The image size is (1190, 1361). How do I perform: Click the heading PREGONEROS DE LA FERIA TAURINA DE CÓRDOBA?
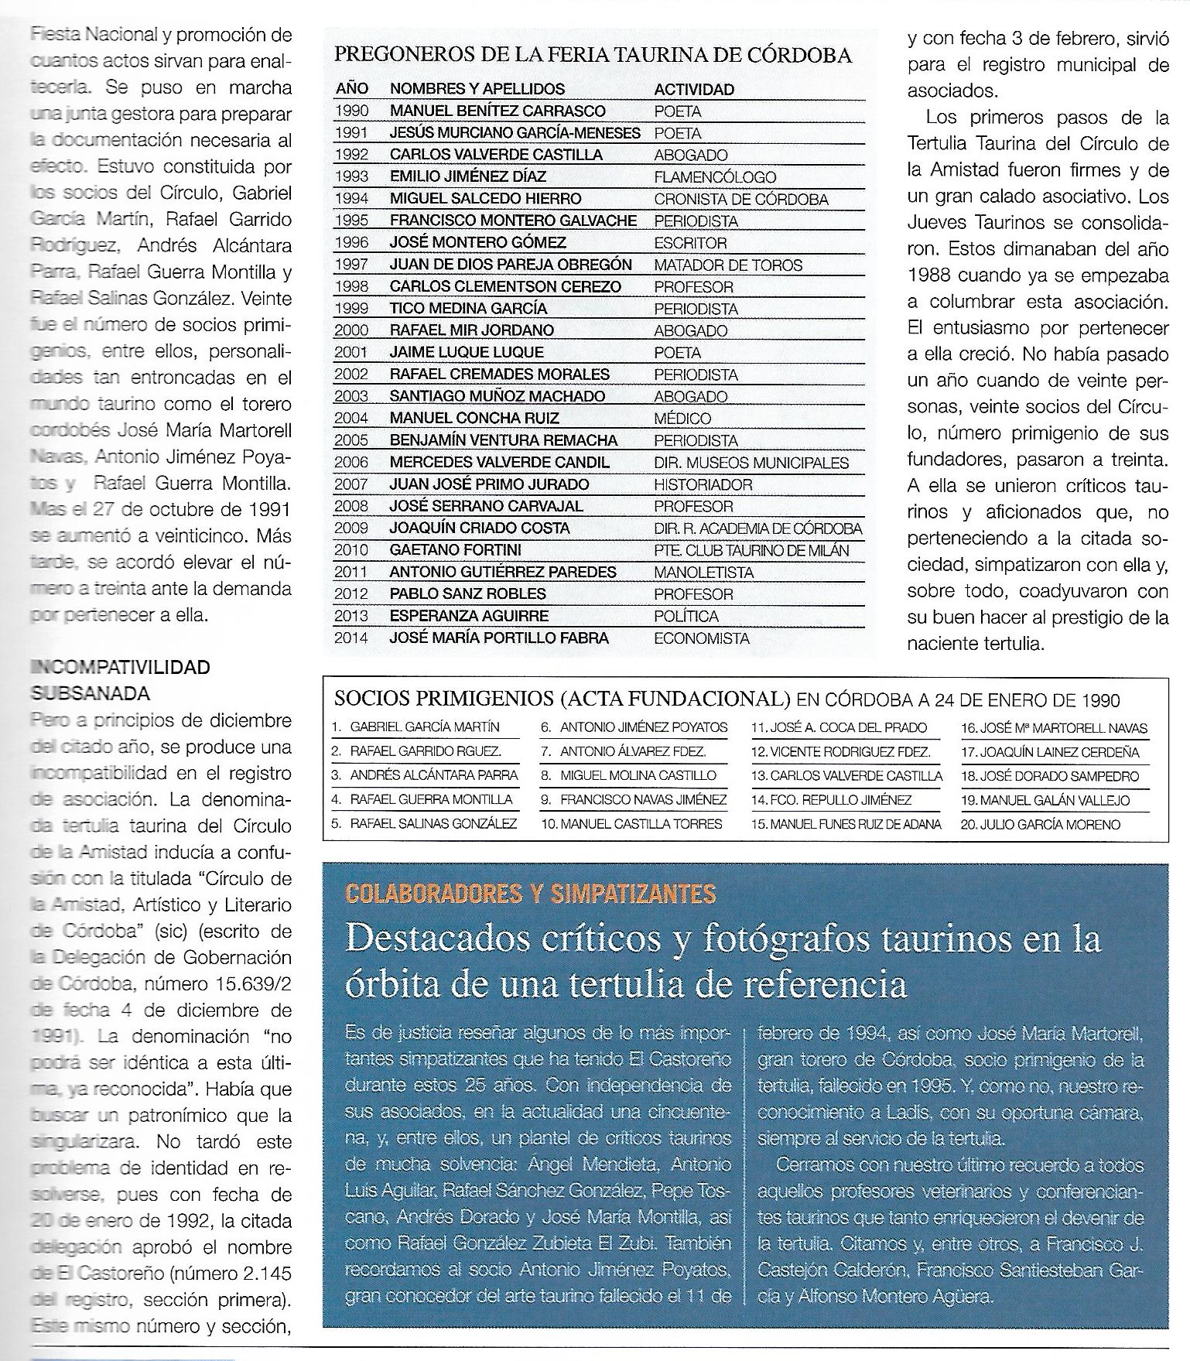click(592, 56)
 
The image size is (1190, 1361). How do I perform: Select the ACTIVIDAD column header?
click(693, 90)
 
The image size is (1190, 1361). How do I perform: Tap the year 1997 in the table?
click(351, 265)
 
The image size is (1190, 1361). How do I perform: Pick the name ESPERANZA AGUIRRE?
click(469, 616)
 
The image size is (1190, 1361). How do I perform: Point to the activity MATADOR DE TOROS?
click(729, 265)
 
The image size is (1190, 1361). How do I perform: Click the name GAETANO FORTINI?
click(455, 550)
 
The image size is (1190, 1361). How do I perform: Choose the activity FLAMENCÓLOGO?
click(715, 177)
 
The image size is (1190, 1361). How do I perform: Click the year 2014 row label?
click(351, 638)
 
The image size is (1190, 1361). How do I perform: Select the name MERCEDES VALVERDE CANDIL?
click(499, 463)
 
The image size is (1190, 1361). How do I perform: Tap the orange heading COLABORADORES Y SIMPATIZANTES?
click(530, 894)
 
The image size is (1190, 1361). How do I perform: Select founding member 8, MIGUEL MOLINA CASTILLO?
click(638, 775)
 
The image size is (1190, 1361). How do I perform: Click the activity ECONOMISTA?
click(702, 638)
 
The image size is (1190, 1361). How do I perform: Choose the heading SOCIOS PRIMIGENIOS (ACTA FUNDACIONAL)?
click(562, 699)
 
